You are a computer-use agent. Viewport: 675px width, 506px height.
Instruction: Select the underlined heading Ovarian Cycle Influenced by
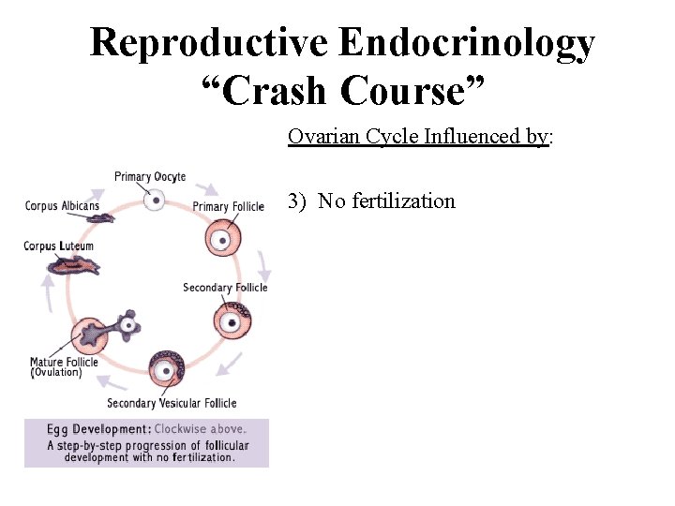click(x=418, y=137)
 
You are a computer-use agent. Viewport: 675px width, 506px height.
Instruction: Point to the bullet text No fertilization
click(x=386, y=201)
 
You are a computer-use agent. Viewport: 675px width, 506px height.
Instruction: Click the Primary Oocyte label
click(x=150, y=176)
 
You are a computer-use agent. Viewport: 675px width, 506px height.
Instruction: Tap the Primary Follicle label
click(x=228, y=206)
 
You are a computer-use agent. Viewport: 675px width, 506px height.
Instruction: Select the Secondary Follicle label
click(x=225, y=288)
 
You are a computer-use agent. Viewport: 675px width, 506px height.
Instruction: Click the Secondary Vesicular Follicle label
click(x=172, y=403)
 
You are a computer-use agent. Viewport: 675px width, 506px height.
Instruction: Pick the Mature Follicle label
click(x=64, y=362)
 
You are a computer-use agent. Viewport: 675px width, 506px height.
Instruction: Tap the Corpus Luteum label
click(x=58, y=246)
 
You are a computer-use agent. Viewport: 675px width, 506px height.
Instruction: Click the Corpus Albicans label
click(x=62, y=206)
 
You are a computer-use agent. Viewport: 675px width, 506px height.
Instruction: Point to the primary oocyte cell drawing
click(x=157, y=199)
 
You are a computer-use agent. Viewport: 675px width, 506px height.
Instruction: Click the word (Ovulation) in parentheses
click(x=56, y=372)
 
